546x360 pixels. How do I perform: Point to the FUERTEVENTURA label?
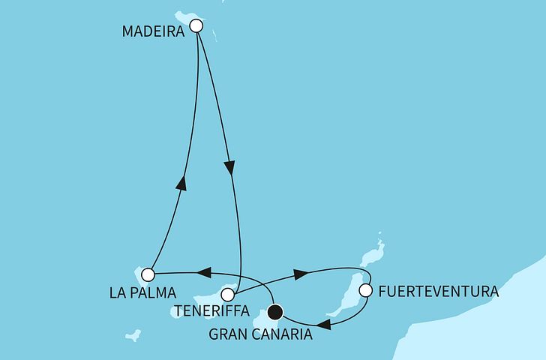tap(439, 291)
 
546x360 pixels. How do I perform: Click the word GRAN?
tap(230, 335)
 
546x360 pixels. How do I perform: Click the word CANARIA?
tap(286, 335)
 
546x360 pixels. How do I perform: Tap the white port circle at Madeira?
tap(196, 25)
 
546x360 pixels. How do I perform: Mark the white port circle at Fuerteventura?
tap(366, 289)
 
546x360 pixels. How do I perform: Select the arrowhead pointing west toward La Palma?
tap(203, 272)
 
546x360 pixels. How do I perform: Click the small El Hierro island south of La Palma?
tap(133, 335)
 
